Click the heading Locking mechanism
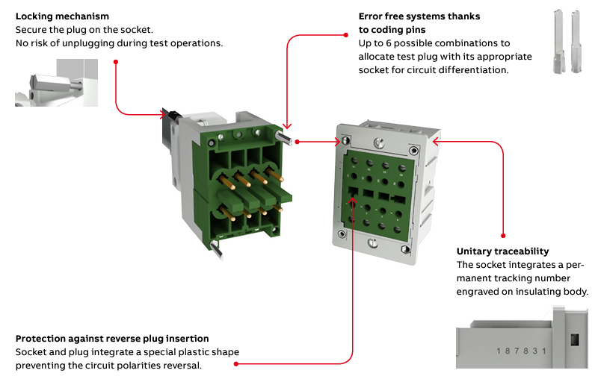click(62, 16)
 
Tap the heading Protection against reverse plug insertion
click(112, 339)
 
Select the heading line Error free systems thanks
click(419, 16)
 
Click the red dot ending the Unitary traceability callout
click(503, 237)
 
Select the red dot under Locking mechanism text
click(116, 62)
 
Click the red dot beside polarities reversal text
click(236, 364)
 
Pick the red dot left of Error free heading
click(347, 32)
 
